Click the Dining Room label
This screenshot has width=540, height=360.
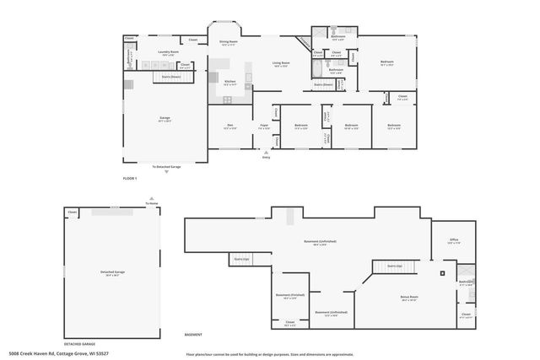pyautogui.click(x=229, y=41)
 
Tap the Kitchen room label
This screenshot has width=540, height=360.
pyautogui.click(x=229, y=81)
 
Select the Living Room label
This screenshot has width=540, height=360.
pyautogui.click(x=281, y=63)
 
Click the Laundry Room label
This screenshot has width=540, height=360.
pyautogui.click(x=167, y=52)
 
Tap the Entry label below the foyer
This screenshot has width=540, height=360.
pyautogui.click(x=267, y=158)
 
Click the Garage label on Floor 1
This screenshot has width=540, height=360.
pyautogui.click(x=165, y=119)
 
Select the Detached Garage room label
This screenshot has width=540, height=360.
pyautogui.click(x=112, y=271)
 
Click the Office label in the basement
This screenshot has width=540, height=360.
pyautogui.click(x=453, y=240)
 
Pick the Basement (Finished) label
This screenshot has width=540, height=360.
pyautogui.click(x=289, y=295)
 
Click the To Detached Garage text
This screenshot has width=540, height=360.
pyautogui.click(x=166, y=167)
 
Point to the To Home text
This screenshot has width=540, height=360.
pyautogui.click(x=151, y=204)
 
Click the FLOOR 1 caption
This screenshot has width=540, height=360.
pyautogui.click(x=129, y=179)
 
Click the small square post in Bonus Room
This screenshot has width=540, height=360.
pyautogui.click(x=441, y=273)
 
